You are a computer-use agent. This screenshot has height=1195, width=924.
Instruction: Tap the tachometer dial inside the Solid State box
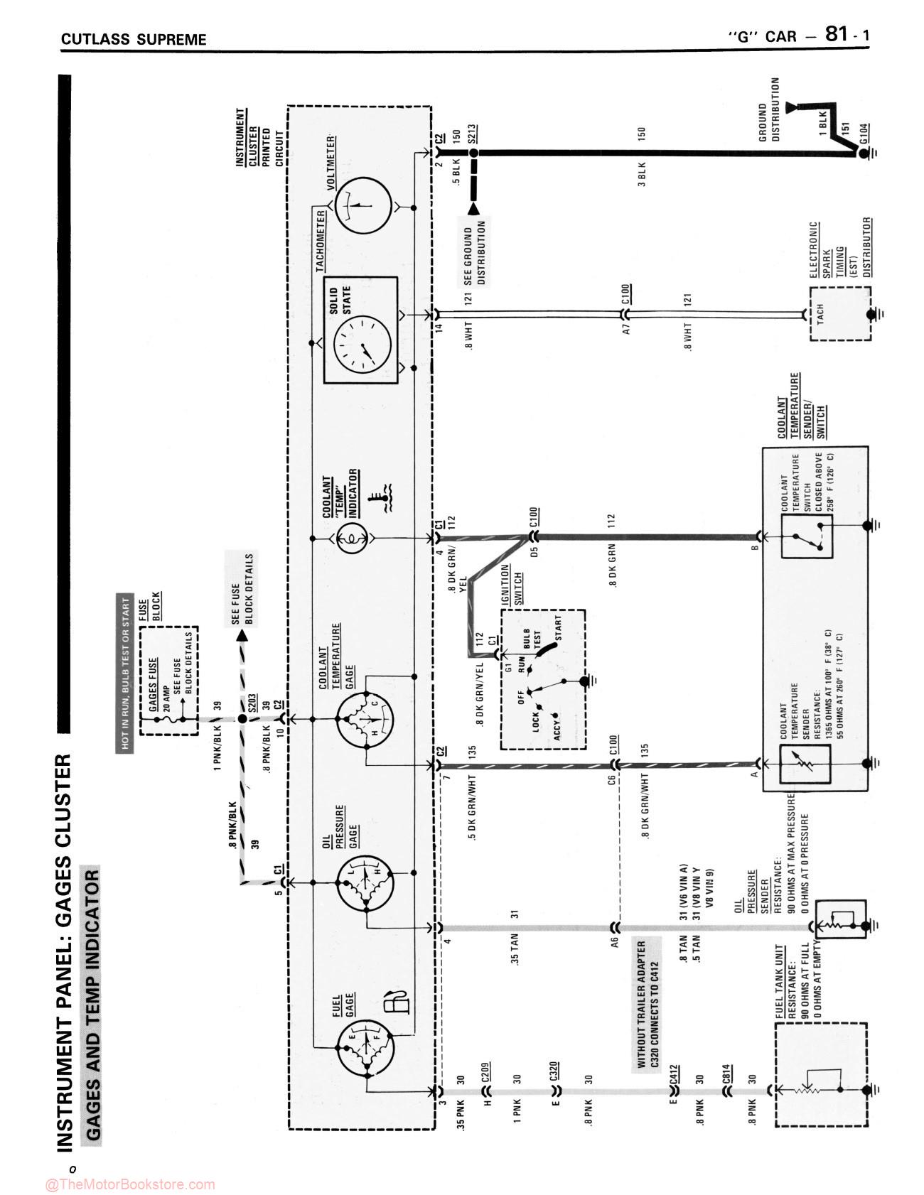point(362,343)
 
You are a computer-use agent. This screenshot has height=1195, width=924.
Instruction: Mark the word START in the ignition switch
point(558,628)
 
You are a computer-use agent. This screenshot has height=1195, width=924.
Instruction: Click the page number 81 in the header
point(836,35)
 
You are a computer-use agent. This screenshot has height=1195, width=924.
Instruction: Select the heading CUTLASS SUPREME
point(134,39)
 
